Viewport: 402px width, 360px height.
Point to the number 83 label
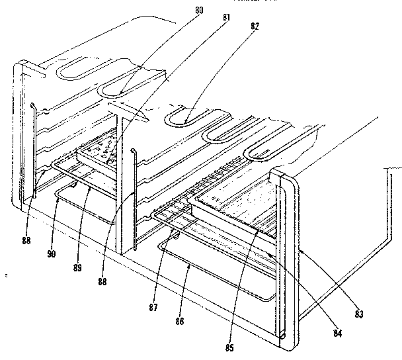click(359, 314)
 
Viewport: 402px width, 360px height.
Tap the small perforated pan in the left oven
click(99, 152)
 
